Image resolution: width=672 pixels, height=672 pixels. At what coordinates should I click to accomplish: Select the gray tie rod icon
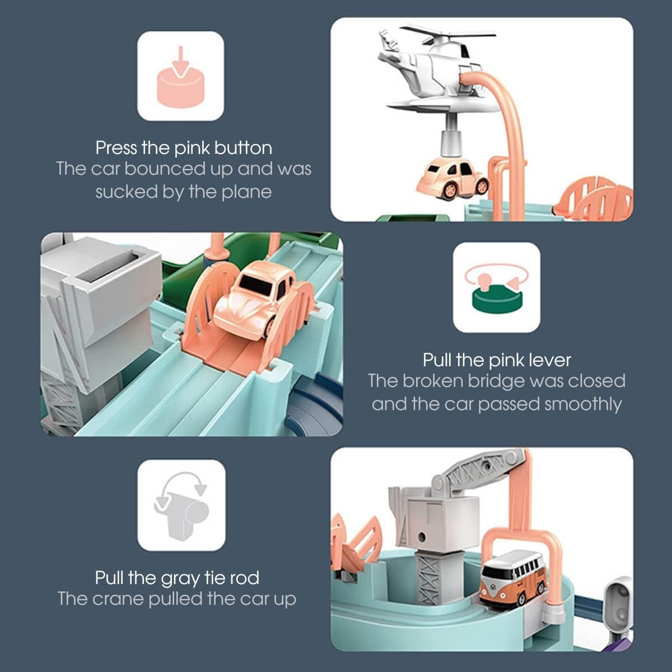click(x=181, y=505)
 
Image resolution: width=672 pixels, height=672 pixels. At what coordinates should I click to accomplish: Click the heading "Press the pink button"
click(x=184, y=148)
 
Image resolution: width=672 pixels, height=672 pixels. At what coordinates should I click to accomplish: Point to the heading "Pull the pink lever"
click(x=497, y=360)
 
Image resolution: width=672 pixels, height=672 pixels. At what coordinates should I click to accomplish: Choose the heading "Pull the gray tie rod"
click(x=177, y=577)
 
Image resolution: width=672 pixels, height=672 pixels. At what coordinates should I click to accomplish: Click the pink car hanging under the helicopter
click(x=452, y=179)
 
